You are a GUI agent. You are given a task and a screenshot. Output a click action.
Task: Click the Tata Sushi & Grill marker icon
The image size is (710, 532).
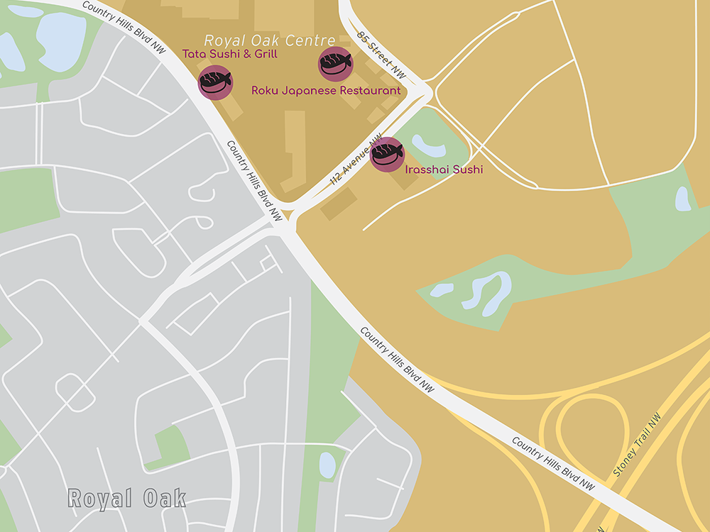click(x=215, y=82)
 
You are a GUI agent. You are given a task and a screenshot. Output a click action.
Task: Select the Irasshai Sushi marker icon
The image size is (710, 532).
click(x=388, y=154)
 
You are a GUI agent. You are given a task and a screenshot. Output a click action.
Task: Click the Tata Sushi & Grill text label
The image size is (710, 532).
click(x=230, y=54)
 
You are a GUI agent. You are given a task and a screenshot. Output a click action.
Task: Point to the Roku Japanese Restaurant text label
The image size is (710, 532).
click(x=326, y=91)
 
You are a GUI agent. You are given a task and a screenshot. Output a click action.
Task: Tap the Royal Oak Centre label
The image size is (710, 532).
click(x=270, y=40)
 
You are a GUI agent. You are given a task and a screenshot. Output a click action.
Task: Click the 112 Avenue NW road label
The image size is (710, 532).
click(x=356, y=162)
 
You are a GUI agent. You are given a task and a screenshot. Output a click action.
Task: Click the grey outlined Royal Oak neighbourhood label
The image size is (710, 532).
click(x=127, y=498)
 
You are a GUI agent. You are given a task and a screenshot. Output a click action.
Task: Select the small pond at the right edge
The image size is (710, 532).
click(x=682, y=199)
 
